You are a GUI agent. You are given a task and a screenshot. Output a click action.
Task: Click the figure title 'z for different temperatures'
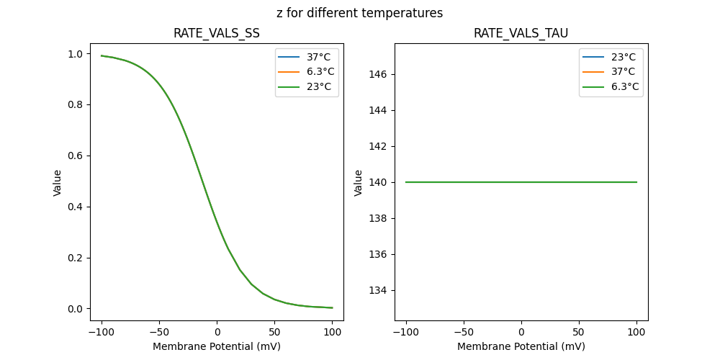pos(359,13)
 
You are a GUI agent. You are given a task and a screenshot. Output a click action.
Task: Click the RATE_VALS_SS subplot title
pos(216,34)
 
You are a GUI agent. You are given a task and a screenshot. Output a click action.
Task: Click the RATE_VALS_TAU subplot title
pos(521,34)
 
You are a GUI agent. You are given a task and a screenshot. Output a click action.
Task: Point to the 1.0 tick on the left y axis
pos(75,54)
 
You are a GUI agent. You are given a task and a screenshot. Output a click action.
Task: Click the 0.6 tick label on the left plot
pos(75,156)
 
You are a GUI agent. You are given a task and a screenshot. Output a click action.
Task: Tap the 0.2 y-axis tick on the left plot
pos(75,258)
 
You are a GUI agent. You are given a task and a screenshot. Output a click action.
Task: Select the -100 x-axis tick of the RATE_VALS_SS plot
pos(101,332)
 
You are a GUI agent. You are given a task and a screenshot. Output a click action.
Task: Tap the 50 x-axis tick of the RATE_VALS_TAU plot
pos(579,332)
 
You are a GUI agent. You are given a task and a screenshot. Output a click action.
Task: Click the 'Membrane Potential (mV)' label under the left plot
pos(216,346)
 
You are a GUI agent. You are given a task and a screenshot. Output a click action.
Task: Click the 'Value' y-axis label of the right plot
pos(358,182)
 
